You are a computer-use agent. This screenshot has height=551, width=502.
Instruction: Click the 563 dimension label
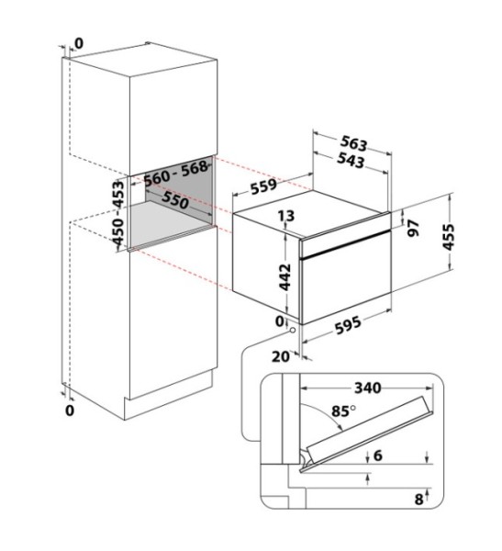point(353,143)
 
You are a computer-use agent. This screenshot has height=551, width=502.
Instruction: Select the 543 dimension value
point(351,160)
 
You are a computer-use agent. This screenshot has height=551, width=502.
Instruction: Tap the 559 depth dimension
point(263,186)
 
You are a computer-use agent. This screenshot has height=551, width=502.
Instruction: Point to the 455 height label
point(448,237)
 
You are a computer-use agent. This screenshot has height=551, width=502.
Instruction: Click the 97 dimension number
point(413,228)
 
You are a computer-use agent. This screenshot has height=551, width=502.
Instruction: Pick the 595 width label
point(348,325)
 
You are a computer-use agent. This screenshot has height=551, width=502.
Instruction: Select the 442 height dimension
point(284,277)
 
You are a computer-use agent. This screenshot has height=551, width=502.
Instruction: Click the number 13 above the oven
point(286,216)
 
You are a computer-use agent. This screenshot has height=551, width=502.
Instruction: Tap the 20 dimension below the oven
point(281,356)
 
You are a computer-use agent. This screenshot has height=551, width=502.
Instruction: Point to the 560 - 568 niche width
point(176,174)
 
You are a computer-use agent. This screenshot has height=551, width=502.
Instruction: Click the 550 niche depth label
point(174,200)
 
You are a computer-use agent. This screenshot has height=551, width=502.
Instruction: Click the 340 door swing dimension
point(367,388)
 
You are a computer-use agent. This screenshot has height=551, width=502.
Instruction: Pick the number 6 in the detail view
point(377,455)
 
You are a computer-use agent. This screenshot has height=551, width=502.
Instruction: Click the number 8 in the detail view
point(418,499)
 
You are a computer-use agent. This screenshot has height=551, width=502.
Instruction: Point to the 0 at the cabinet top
point(80,43)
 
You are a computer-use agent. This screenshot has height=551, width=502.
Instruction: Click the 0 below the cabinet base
point(70,410)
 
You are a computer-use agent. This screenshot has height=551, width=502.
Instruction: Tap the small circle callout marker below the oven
point(292,331)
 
